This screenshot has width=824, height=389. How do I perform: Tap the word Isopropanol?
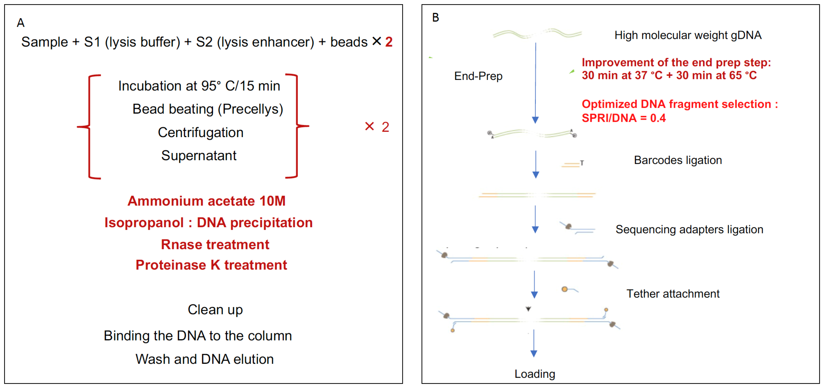(x=144, y=223)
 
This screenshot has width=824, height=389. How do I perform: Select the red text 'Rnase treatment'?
(x=215, y=245)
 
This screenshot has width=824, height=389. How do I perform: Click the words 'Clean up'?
(x=215, y=310)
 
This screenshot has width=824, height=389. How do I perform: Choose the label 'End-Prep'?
(x=478, y=76)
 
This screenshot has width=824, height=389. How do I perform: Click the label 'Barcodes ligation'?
(x=678, y=160)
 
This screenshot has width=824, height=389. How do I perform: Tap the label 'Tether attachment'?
(x=673, y=294)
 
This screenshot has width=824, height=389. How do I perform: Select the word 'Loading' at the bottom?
(x=535, y=374)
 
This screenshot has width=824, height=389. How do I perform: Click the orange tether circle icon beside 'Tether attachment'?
(x=565, y=289)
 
